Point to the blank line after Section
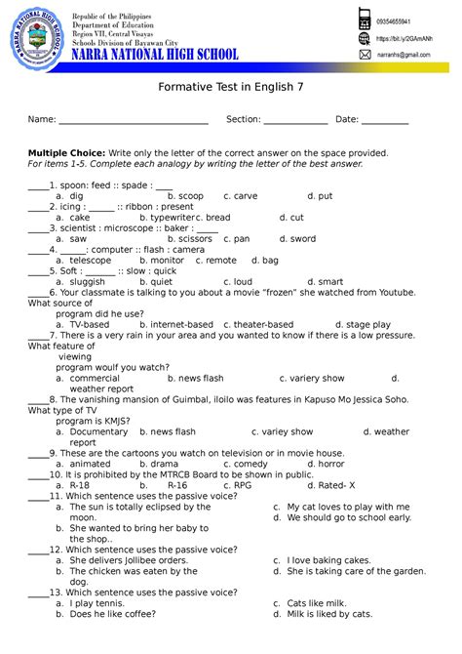295,121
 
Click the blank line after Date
385,121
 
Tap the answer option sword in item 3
302,238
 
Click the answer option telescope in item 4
91,261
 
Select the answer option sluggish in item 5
87,282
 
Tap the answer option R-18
80,485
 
